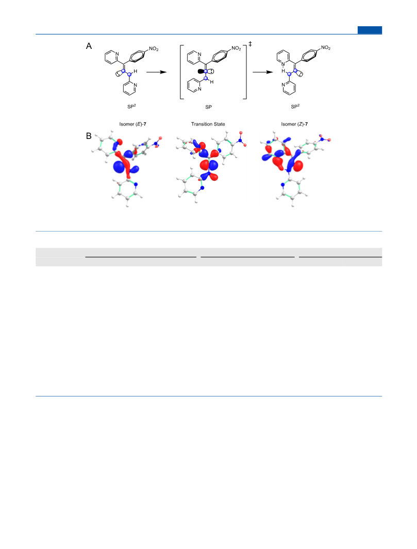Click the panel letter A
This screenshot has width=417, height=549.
(x=89, y=46)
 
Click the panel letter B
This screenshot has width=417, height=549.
(x=89, y=136)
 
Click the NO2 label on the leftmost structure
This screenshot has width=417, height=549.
(x=154, y=49)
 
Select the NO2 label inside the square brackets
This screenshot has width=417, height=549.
(x=236, y=48)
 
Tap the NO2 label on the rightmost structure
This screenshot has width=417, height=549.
(x=325, y=48)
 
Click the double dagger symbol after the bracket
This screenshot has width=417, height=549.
(x=250, y=44)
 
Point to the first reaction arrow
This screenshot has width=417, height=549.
(x=156, y=72)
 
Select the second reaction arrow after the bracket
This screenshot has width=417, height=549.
(x=263, y=72)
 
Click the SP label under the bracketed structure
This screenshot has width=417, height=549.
(x=208, y=107)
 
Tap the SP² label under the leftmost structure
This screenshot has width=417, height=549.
(x=131, y=107)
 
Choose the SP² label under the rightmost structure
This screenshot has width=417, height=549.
(x=295, y=107)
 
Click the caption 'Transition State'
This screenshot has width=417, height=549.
(x=208, y=124)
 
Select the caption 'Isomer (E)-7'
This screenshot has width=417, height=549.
(x=132, y=124)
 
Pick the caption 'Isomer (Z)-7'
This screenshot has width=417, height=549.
(x=294, y=124)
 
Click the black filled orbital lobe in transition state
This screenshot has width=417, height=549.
(x=201, y=72)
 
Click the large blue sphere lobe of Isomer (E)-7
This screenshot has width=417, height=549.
(x=120, y=167)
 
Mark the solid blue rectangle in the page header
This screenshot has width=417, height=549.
(x=370, y=30)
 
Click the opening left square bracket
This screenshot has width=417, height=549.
(x=180, y=72)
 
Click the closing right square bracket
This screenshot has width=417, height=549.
(x=246, y=72)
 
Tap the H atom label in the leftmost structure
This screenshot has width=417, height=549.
(x=136, y=72)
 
